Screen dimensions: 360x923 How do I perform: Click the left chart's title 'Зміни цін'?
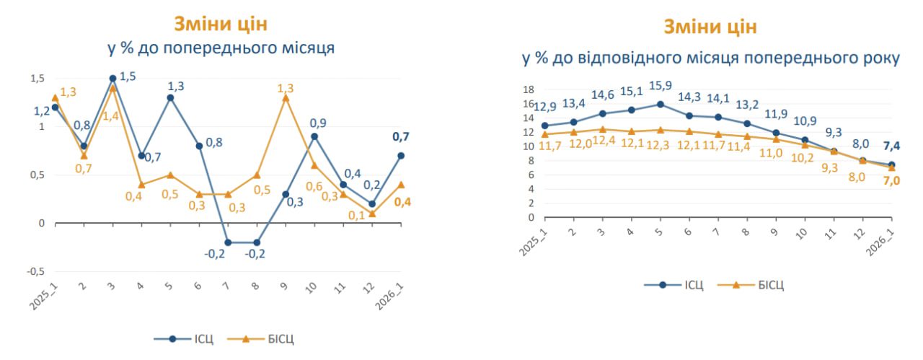coord(221,24)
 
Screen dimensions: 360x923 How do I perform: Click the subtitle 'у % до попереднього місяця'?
coord(221,48)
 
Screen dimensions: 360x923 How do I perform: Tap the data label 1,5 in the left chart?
coord(127,76)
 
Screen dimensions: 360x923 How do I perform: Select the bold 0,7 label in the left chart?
coord(400,136)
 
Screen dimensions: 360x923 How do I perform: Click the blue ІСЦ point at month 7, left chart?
coord(228,242)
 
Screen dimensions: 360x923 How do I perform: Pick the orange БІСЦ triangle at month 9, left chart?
coord(286,97)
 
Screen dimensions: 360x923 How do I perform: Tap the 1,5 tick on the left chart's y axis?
coord(36,79)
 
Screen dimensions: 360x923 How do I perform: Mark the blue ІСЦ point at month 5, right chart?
coord(660,104)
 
